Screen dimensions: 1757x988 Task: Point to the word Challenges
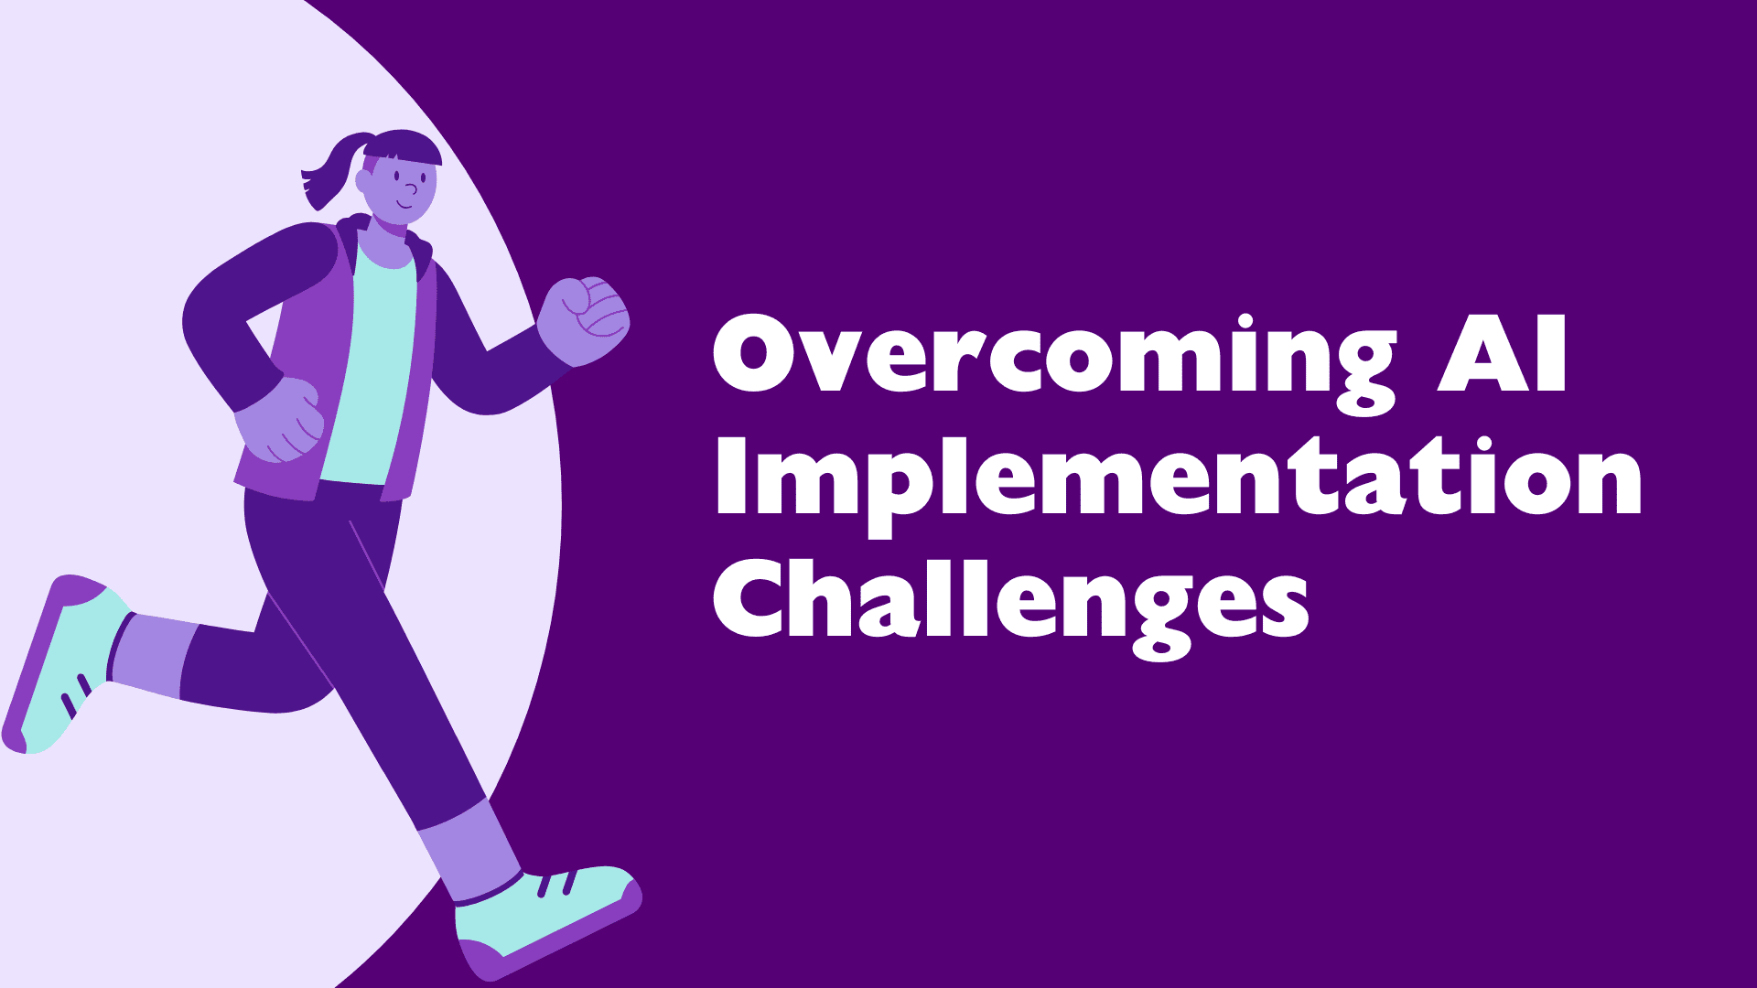(x=1011, y=607)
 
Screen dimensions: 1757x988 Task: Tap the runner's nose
(x=411, y=190)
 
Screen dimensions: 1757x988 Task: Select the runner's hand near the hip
(x=279, y=420)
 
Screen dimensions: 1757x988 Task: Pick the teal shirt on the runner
(x=370, y=366)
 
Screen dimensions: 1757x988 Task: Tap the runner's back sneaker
(x=64, y=664)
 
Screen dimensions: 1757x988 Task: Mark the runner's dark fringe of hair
(x=404, y=147)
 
